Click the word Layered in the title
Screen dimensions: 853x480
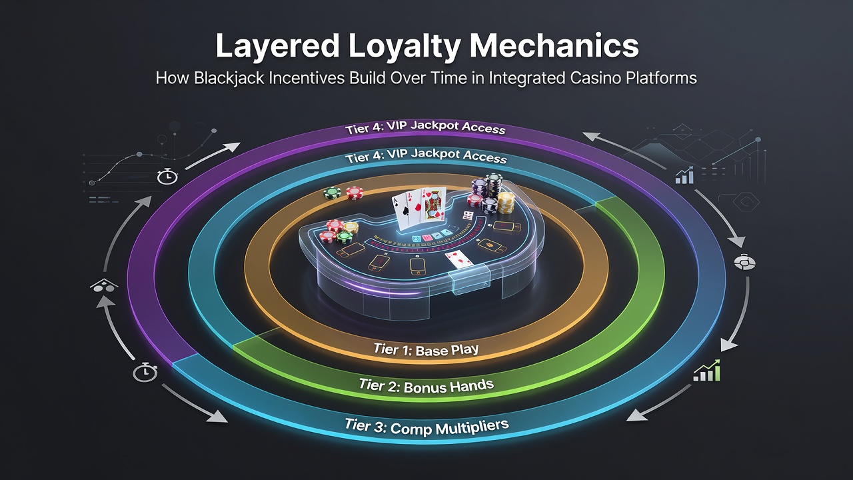(278, 47)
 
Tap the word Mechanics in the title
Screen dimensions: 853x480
(554, 46)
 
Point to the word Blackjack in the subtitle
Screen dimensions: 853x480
(229, 78)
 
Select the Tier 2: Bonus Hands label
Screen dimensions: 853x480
(426, 386)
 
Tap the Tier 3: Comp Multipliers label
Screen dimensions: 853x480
(426, 427)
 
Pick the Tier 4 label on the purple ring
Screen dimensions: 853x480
(425, 127)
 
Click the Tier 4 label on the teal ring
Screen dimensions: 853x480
(426, 156)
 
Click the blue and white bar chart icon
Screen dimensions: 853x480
(684, 175)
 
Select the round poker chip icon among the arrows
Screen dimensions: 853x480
(744, 263)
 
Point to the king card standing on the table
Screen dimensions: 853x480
(433, 205)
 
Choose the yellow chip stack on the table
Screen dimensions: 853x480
(506, 204)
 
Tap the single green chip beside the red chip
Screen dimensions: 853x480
(332, 193)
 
